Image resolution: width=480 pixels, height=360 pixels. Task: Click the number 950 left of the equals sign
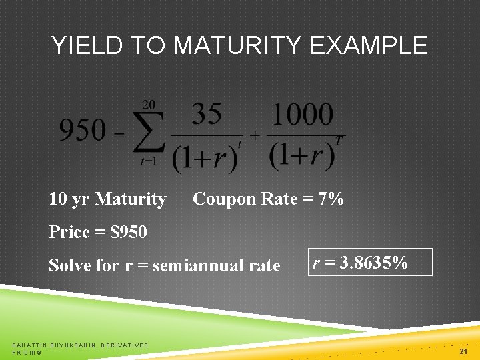(x=82, y=130)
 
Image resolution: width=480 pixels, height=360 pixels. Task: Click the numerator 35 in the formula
(x=207, y=115)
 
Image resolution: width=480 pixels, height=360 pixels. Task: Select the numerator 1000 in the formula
(x=302, y=115)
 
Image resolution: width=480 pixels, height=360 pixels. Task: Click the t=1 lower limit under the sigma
(x=149, y=161)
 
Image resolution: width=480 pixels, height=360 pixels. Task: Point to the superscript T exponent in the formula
(x=340, y=139)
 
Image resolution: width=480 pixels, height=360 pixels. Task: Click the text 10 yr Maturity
(x=107, y=199)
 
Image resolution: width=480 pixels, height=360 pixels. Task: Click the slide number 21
(x=464, y=351)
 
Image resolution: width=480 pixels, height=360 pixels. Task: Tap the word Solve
(x=70, y=265)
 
